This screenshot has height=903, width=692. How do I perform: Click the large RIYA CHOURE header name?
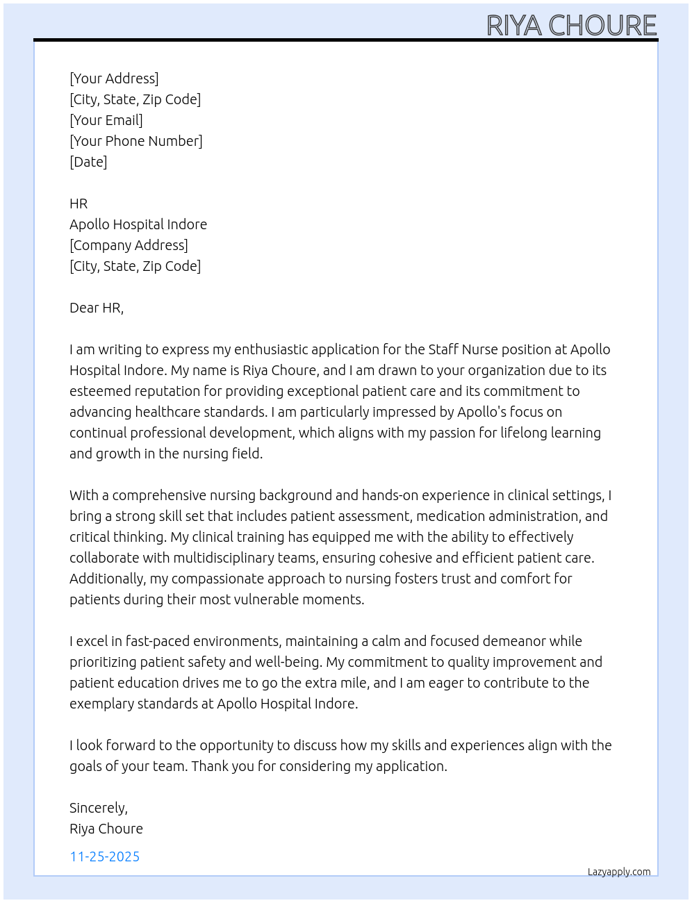coord(571,25)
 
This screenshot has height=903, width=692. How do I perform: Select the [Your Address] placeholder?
coord(114,78)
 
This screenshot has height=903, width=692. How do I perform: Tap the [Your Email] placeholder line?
coord(106,120)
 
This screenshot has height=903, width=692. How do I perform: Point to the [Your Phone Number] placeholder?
coord(136,141)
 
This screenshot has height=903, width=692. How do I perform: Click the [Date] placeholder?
coord(88,162)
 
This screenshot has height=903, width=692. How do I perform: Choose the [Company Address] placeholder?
coord(129,245)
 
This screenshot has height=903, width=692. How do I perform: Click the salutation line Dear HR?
coord(97,308)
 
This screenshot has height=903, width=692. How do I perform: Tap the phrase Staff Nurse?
coord(461,349)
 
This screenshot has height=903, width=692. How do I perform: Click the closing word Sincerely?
coord(99,808)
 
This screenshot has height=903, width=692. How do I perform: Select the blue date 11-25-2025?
coord(105,856)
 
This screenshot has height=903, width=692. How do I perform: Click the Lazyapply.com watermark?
coord(619,872)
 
